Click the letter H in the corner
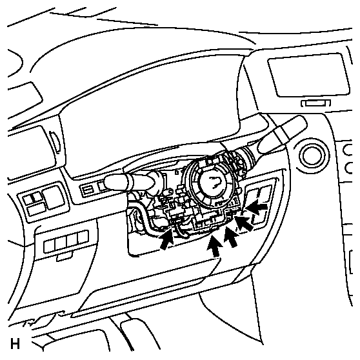click(15, 344)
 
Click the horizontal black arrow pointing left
click(257, 206)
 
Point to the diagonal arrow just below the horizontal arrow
click(244, 222)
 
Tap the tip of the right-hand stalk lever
click(303, 120)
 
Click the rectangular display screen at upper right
click(309, 75)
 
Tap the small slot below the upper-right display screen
click(316, 103)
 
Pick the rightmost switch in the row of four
click(83, 237)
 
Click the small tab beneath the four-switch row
click(65, 257)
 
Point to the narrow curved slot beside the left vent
click(55, 142)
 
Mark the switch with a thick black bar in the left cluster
click(33, 198)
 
